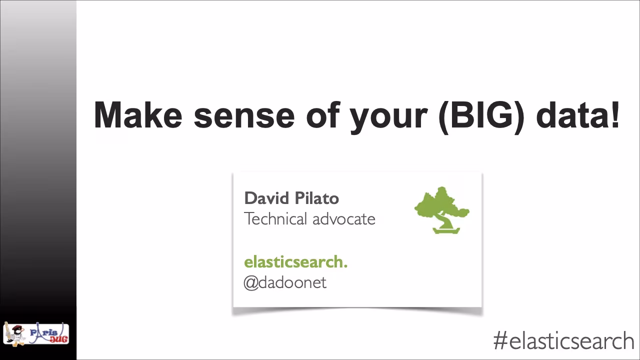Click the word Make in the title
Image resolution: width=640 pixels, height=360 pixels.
pyautogui.click(x=138, y=115)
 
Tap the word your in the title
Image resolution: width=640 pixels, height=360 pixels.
pyautogui.click(x=388, y=116)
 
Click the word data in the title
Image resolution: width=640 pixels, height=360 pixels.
pyautogui.click(x=571, y=115)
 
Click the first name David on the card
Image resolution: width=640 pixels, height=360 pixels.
pyautogui.click(x=265, y=198)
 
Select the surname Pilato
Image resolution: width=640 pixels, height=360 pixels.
pyautogui.click(x=316, y=198)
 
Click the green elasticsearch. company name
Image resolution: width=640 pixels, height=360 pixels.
pyautogui.click(x=295, y=261)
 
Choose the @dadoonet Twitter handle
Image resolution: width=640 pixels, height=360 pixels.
pyautogui.click(x=285, y=282)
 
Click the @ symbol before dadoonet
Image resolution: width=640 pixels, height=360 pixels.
pyautogui.click(x=250, y=283)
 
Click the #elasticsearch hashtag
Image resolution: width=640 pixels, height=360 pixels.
pyautogui.click(x=563, y=341)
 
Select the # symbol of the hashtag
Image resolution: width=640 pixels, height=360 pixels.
pyautogui.click(x=500, y=341)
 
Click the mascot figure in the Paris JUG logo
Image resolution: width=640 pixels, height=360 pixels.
pyautogui.click(x=14, y=333)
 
